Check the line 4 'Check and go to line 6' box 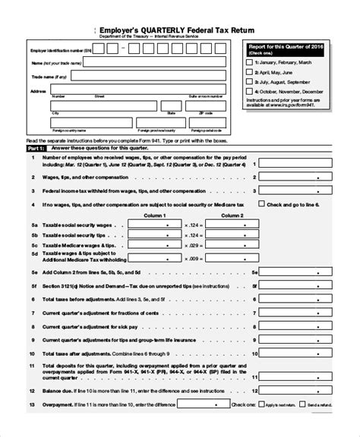pos(263,205)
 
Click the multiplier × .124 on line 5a pos(194,225)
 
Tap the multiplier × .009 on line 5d pos(194,257)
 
